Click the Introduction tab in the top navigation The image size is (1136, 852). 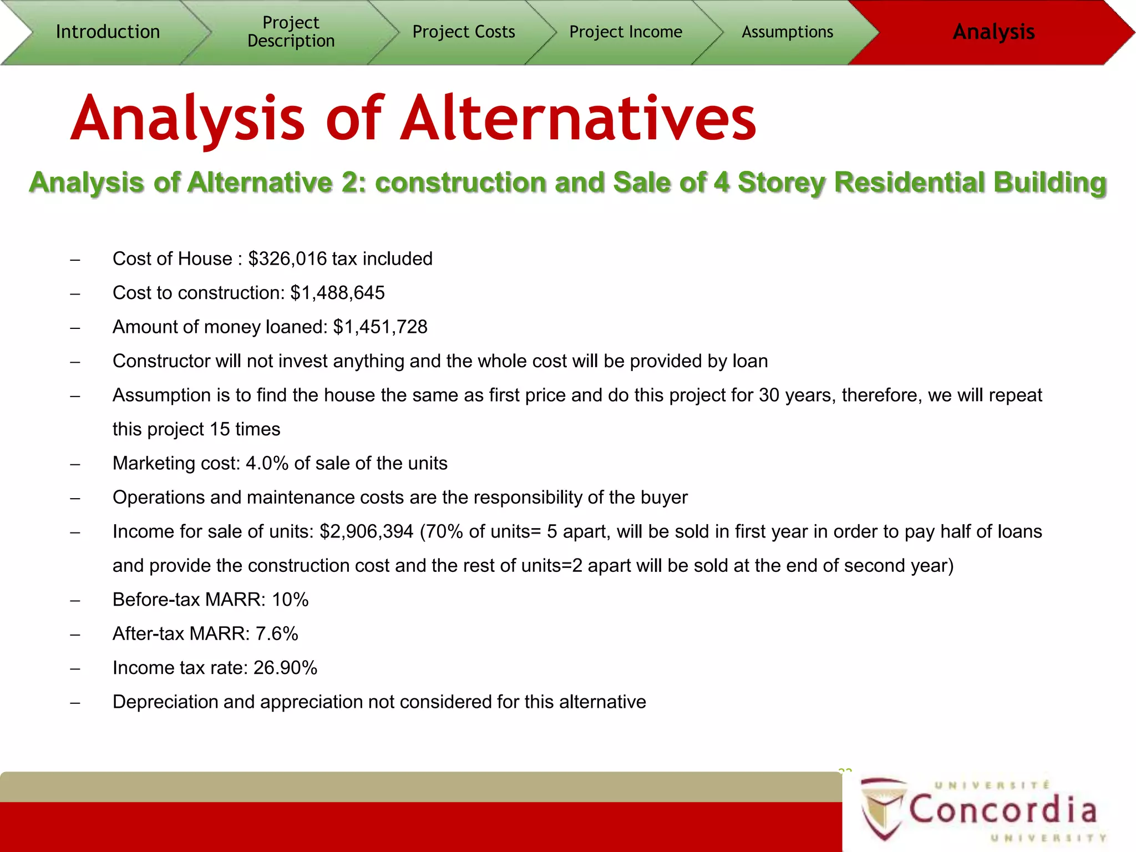click(x=108, y=32)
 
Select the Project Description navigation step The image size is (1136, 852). click(x=291, y=32)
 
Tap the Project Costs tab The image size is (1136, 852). click(x=464, y=32)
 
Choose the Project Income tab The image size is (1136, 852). click(x=626, y=32)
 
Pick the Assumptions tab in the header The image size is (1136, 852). click(x=787, y=32)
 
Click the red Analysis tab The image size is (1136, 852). click(x=993, y=32)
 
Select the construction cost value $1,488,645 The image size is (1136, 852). click(x=337, y=293)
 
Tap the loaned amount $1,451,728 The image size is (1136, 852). click(x=380, y=327)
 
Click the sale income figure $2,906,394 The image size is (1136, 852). click(x=367, y=532)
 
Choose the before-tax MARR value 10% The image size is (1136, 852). click(x=290, y=600)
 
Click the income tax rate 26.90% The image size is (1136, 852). click(x=285, y=668)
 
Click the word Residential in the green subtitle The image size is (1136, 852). click(x=909, y=182)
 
